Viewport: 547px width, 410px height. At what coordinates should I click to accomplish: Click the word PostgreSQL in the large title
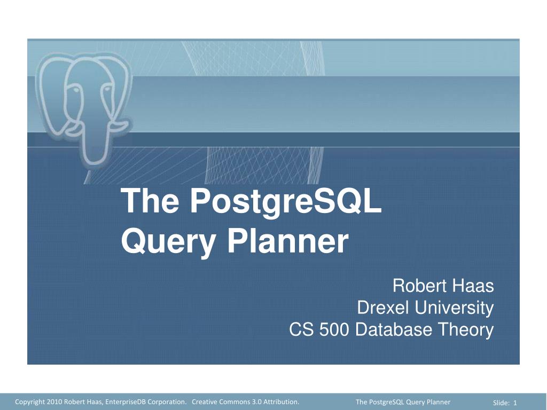pos(286,202)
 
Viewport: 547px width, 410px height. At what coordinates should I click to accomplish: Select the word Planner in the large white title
pos(288,241)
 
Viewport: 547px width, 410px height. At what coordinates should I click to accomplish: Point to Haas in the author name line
pos(472,286)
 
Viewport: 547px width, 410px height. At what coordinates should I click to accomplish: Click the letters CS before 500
pos(302,330)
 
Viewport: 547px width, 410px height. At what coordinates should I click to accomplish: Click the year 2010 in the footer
pos(54,402)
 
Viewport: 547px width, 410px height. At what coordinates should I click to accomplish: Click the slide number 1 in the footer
pos(515,403)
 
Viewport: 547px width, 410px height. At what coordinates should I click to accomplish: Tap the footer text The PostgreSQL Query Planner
pos(403,402)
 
